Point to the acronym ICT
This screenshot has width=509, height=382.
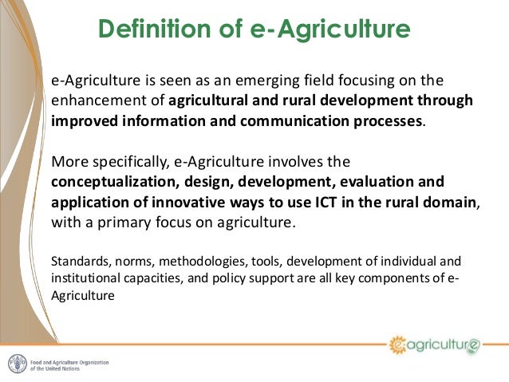[310, 202]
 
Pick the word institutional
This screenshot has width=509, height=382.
[82, 278]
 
